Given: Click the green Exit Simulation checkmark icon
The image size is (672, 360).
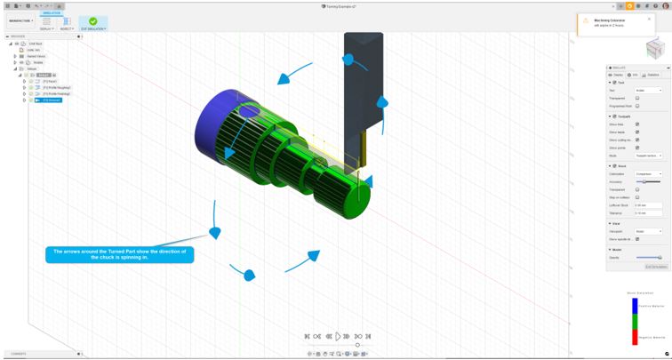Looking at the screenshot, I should pyautogui.click(x=93, y=21).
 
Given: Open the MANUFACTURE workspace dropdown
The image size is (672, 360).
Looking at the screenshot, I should pyautogui.click(x=20, y=20).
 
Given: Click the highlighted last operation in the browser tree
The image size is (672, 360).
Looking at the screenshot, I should pyautogui.click(x=49, y=100).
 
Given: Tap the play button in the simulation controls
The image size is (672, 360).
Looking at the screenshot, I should pyautogui.click(x=338, y=336).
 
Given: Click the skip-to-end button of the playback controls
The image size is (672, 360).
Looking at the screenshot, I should pyautogui.click(x=368, y=336).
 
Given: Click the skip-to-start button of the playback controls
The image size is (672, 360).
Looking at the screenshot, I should pyautogui.click(x=308, y=336).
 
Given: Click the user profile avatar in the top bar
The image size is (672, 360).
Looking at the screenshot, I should pyautogui.click(x=665, y=5).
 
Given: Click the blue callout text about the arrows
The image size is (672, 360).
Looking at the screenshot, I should pyautogui.click(x=119, y=254).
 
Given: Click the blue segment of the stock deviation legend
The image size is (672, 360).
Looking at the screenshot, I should pyautogui.click(x=635, y=306).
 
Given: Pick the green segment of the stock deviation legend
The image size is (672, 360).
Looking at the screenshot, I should pyautogui.click(x=635, y=322).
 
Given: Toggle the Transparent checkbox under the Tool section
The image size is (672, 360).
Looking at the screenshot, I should pyautogui.click(x=637, y=98).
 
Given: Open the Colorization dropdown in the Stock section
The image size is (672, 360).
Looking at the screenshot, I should pyautogui.click(x=648, y=174).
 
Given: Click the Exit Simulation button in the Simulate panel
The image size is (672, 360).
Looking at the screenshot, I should pyautogui.click(x=655, y=267).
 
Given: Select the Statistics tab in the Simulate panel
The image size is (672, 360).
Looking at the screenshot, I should pyautogui.click(x=652, y=75).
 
